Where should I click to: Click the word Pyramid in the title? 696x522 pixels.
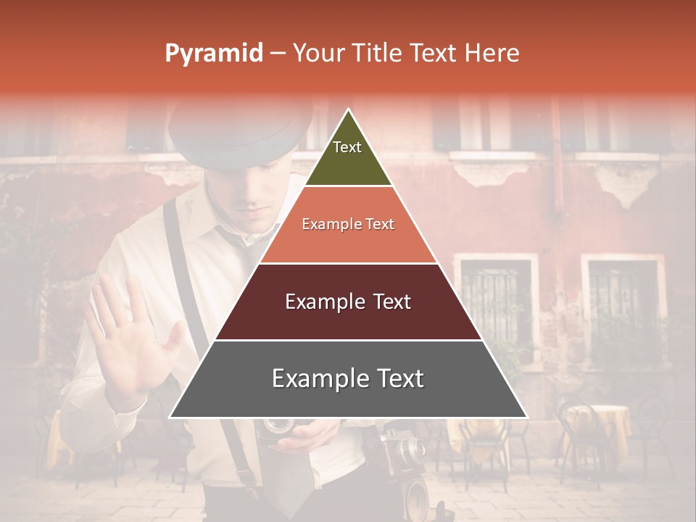click(213, 54)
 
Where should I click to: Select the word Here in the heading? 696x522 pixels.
click(492, 54)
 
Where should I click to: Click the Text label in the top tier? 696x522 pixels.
click(347, 147)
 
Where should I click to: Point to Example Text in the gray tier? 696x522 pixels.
click(348, 378)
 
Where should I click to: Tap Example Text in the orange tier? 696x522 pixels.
click(348, 224)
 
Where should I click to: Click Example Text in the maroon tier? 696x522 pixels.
click(348, 302)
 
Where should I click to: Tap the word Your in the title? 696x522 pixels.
click(318, 54)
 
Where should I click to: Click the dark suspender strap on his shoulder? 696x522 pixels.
click(174, 246)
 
